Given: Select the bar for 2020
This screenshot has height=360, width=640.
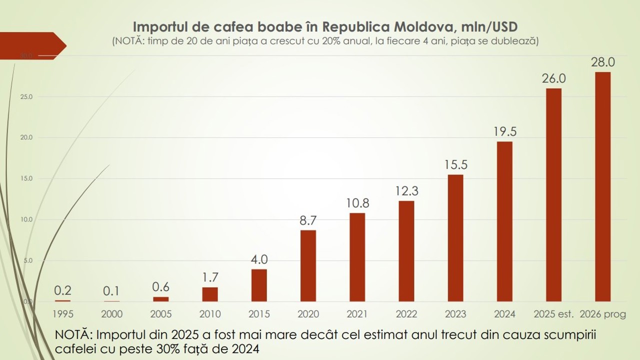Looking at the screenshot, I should tap(308, 265).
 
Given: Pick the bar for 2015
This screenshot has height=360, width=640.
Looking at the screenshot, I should tap(259, 285).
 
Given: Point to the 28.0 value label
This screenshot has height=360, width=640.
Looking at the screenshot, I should tap(602, 62).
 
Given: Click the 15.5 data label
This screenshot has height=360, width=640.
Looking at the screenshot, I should tap(455, 164).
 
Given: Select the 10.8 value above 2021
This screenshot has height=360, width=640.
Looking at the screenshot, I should tap(357, 203).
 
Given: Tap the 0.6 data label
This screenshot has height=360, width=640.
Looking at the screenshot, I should tap(161, 287).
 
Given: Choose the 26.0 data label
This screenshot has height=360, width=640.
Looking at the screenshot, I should tap(553, 79).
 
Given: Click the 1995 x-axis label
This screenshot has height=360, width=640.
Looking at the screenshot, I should tap(63, 314).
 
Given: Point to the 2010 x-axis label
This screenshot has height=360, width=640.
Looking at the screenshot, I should tap(210, 314).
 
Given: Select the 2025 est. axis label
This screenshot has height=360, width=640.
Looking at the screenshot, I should tap(553, 314).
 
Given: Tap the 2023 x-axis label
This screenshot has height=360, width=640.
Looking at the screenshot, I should tap(455, 314).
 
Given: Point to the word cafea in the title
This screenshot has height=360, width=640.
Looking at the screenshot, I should tap(220, 26).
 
